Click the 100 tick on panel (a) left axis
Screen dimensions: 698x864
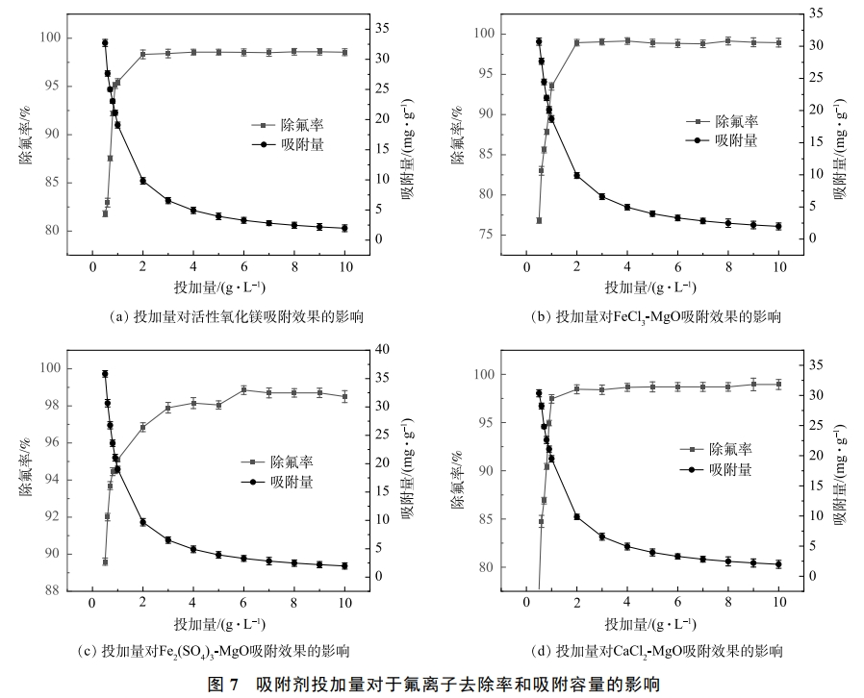(x=50, y=38)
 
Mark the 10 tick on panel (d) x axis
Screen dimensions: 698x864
(x=779, y=602)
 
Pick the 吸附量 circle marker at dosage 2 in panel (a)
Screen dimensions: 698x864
(x=142, y=181)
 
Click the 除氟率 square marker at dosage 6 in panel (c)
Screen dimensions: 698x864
(x=243, y=389)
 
